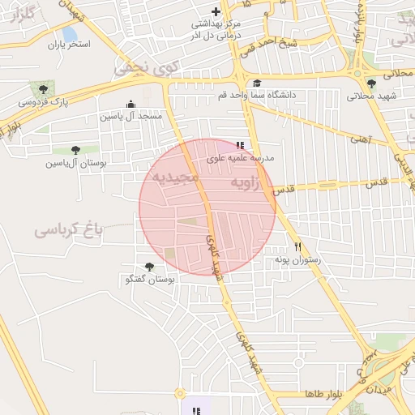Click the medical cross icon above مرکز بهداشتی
215,11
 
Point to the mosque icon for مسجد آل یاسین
130,104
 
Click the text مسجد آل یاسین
131,117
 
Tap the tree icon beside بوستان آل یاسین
75,149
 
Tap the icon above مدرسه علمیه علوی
239,144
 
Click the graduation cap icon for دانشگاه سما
257,83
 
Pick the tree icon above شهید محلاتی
372,83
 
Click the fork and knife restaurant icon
298,246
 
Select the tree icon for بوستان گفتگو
149,267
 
